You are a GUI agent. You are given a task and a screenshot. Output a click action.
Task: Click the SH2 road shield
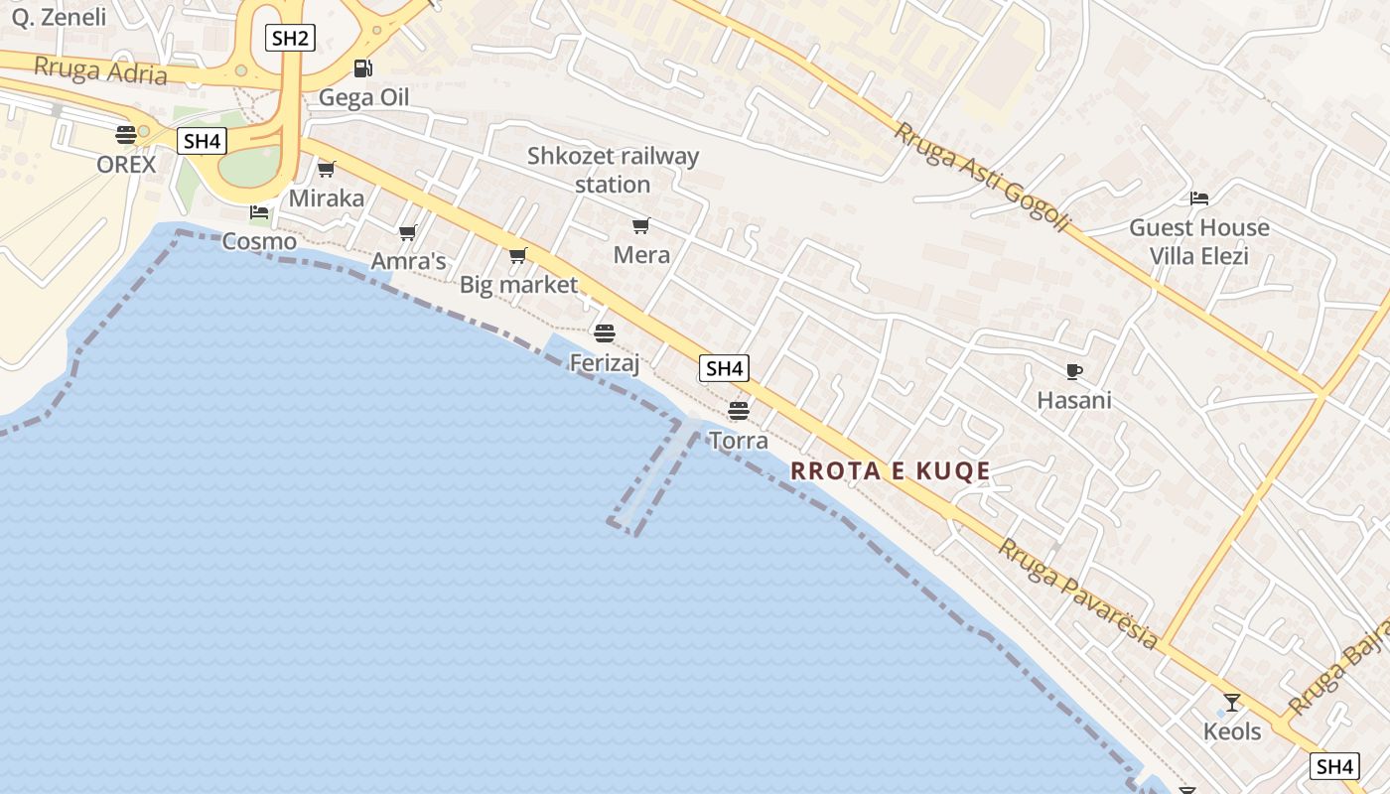[291, 39]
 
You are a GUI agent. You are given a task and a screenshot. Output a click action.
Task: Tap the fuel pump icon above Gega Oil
[363, 68]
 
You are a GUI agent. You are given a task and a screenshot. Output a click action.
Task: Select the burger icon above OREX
[126, 134]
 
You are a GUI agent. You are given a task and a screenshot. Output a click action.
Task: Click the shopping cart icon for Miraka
[327, 169]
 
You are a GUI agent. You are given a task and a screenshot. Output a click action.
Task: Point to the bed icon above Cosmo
[259, 212]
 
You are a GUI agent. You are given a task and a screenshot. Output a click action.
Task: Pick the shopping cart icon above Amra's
[407, 233]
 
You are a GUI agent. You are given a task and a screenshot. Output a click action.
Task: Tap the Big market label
[518, 285]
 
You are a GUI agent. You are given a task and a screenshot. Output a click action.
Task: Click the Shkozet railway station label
[613, 170]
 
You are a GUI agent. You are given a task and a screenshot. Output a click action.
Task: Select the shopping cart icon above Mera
[641, 226]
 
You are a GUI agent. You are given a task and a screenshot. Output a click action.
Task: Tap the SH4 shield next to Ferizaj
[724, 368]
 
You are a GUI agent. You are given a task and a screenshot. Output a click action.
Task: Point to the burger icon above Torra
[738, 410]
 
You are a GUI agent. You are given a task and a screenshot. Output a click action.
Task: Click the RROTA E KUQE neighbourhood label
[891, 470]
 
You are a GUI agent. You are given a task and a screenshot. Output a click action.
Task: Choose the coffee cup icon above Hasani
[1073, 371]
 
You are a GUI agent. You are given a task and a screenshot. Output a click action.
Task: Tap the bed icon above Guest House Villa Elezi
[1199, 198]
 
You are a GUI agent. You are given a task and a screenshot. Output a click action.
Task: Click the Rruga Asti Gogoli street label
[982, 177]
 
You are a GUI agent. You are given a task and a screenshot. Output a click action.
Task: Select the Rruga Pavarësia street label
[1078, 594]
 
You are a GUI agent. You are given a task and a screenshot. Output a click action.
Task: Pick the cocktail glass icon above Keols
[1232, 703]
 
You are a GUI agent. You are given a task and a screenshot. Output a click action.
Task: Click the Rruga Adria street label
[100, 70]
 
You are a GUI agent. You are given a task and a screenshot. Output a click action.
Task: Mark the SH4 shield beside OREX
[202, 141]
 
